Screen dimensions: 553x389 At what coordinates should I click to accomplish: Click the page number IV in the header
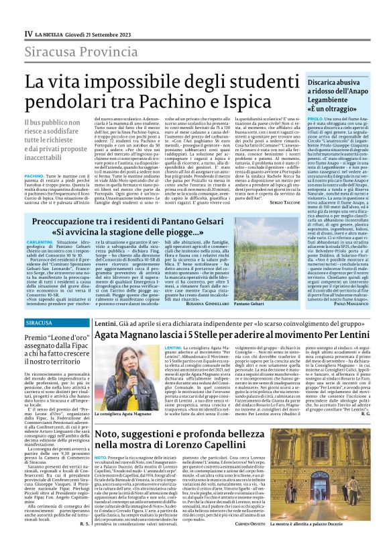[x=28, y=33]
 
